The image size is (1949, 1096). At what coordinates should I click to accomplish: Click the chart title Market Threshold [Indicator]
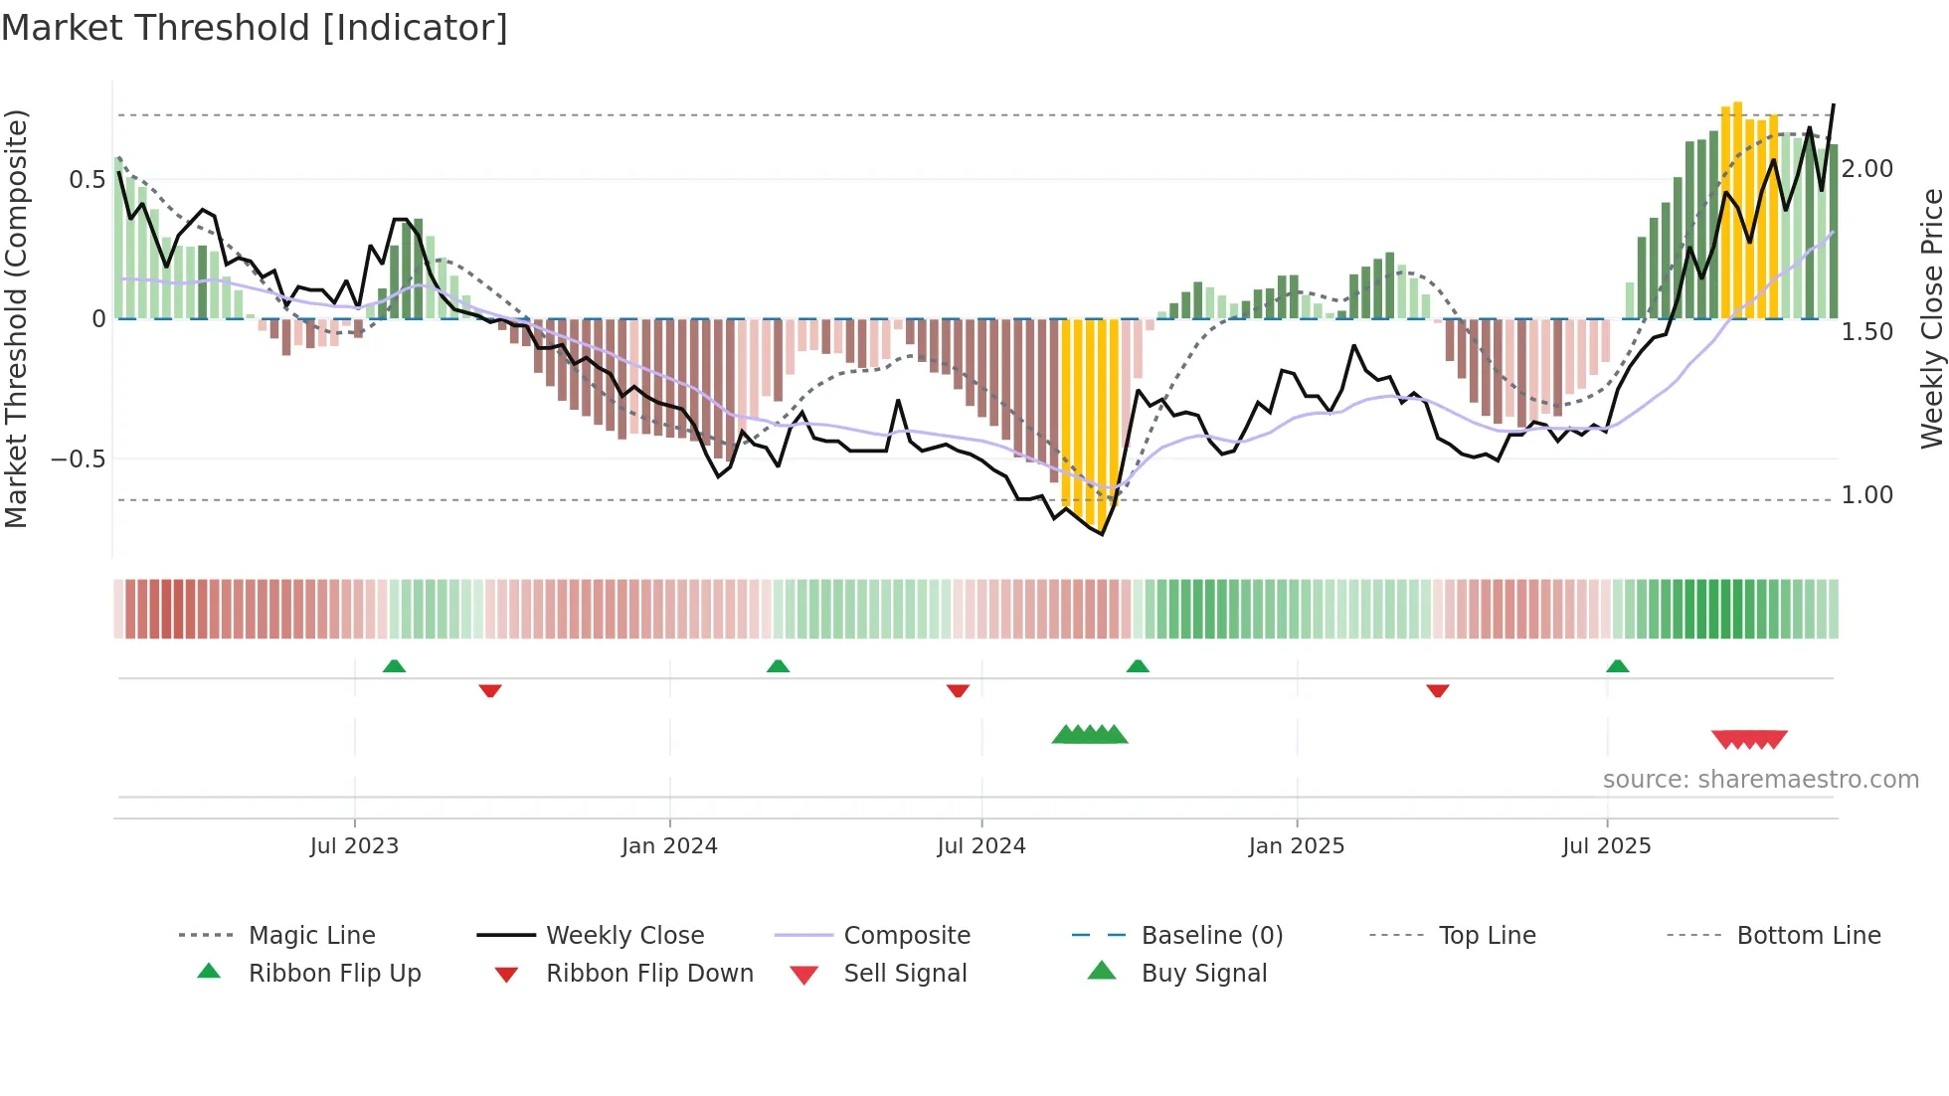[x=255, y=28]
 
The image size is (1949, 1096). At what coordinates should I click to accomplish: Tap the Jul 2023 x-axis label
[x=354, y=846]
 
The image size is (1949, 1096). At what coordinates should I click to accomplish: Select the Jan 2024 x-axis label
[x=669, y=846]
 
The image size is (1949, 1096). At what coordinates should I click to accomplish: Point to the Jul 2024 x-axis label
[x=980, y=846]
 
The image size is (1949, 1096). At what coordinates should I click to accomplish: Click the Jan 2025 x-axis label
[x=1296, y=846]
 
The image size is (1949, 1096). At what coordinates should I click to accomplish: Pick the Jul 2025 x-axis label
[x=1606, y=846]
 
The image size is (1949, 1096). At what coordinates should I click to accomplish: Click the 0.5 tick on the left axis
[x=87, y=180]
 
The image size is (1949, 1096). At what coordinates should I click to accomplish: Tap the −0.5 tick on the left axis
[x=78, y=459]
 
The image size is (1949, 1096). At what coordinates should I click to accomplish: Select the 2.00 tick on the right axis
[x=1866, y=169]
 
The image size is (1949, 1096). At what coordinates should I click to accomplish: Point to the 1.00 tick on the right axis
[x=1866, y=495]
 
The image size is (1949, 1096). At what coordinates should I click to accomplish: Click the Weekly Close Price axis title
[x=1931, y=318]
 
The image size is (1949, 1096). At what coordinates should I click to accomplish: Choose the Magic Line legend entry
[x=311, y=936]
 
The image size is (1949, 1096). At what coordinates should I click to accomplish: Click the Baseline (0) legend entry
[x=1211, y=936]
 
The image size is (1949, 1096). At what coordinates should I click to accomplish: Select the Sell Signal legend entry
[x=904, y=974]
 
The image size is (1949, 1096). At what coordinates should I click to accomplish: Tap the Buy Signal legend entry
[x=1203, y=974]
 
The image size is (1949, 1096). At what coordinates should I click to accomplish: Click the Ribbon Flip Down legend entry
[x=648, y=974]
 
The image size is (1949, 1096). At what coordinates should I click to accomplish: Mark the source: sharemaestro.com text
[x=1760, y=780]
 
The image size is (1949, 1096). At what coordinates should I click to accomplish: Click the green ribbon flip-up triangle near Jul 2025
[x=1617, y=666]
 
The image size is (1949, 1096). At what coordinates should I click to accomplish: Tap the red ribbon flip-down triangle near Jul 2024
[x=958, y=690]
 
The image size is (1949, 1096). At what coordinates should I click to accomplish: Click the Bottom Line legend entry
[x=1808, y=936]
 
